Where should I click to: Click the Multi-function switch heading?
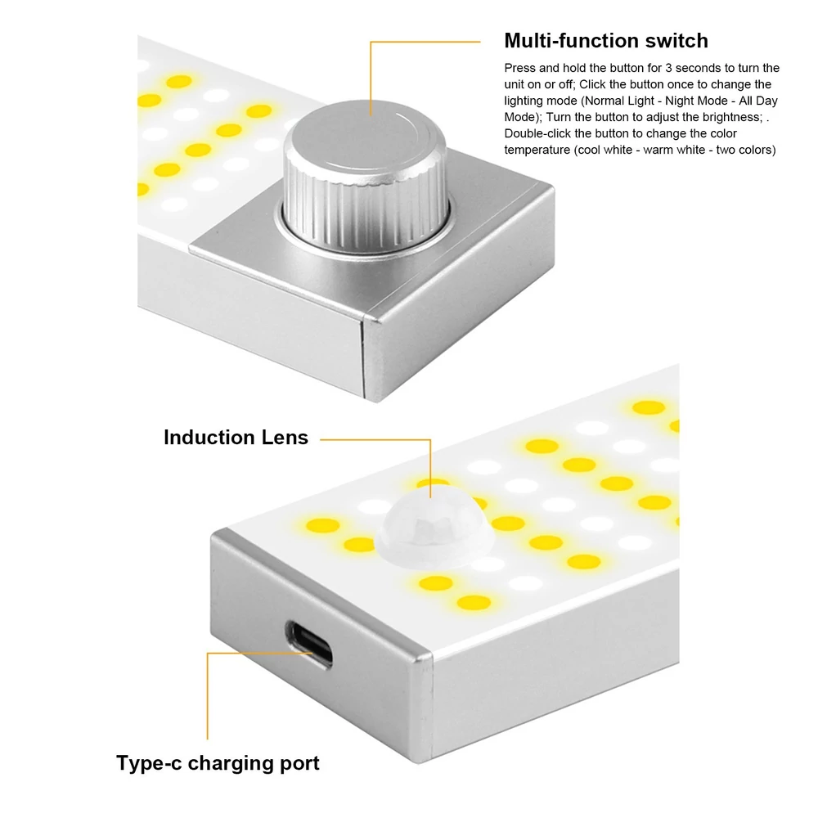pyautogui.click(x=605, y=41)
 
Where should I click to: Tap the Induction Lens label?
pyautogui.click(x=236, y=437)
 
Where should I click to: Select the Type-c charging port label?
pyautogui.click(x=218, y=762)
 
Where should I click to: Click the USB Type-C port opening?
pyautogui.click(x=309, y=645)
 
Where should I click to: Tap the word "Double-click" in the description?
pyautogui.click(x=537, y=133)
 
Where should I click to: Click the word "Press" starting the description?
pyautogui.click(x=519, y=68)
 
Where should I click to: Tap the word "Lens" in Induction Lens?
pyautogui.click(x=285, y=437)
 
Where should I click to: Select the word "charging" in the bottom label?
pyautogui.click(x=231, y=764)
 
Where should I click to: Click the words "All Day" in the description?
pyautogui.click(x=758, y=101)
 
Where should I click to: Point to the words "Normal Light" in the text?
pyautogui.click(x=619, y=101)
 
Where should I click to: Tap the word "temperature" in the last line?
pyautogui.click(x=537, y=151)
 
